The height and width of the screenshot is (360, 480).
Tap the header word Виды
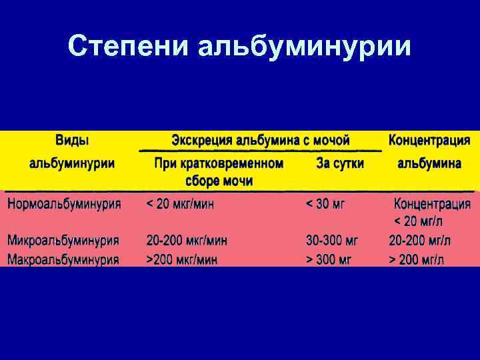pyautogui.click(x=72, y=141)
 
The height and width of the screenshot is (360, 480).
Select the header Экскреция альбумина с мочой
pyautogui.click(x=261, y=141)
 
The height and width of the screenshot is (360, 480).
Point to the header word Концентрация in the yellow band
pyautogui.click(x=429, y=141)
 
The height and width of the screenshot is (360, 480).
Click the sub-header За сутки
pyautogui.click(x=340, y=163)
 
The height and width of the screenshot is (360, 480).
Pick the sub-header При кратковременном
pyautogui.click(x=219, y=163)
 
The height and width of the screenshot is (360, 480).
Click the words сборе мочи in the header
pyautogui.click(x=219, y=181)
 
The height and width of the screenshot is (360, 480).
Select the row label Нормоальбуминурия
pyautogui.click(x=64, y=203)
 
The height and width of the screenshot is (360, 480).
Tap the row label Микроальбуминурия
pyautogui.click(x=64, y=240)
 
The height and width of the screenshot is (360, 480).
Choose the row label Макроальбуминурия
pyautogui.click(x=64, y=259)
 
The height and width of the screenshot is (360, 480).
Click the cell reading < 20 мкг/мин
pyautogui.click(x=181, y=203)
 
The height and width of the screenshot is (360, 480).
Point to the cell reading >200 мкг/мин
pyautogui.click(x=182, y=259)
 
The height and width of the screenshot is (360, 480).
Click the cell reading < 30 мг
pyautogui.click(x=325, y=203)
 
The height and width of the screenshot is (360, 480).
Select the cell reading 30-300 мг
pyautogui.click(x=332, y=240)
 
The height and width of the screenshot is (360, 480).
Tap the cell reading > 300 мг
pyautogui.click(x=332, y=259)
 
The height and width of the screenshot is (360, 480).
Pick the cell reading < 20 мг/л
pyautogui.click(x=419, y=221)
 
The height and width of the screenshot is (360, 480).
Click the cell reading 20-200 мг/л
pyautogui.click(x=417, y=240)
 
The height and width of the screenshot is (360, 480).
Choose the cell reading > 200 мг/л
pyautogui.click(x=417, y=259)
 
